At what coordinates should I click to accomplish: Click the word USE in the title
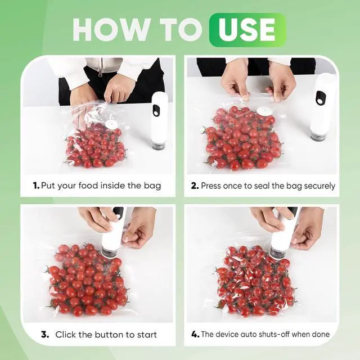247,30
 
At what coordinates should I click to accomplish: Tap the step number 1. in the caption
36,186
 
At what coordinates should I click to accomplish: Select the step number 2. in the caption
195,186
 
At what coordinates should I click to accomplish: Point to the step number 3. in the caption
45,335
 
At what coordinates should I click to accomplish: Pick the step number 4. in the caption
195,334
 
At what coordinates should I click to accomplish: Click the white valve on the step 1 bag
112,124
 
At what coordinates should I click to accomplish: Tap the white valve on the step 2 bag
264,112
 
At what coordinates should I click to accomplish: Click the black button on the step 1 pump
156,110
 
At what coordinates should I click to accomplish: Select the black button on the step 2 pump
320,97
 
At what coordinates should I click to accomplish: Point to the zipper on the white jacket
100,69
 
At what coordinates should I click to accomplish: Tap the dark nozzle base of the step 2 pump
318,136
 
